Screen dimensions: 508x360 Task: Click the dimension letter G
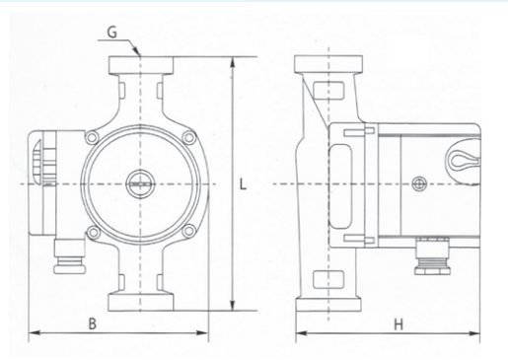112,33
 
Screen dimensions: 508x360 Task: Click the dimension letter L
243,184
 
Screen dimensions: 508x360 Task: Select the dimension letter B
93,324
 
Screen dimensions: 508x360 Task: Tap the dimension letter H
399,324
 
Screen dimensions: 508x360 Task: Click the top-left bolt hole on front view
92,137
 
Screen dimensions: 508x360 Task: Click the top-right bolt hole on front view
189,137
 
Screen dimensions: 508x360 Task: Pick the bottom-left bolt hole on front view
93,232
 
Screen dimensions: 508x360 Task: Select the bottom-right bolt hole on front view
189,231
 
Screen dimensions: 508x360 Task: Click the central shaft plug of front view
141,184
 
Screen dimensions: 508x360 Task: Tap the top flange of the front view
141,65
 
